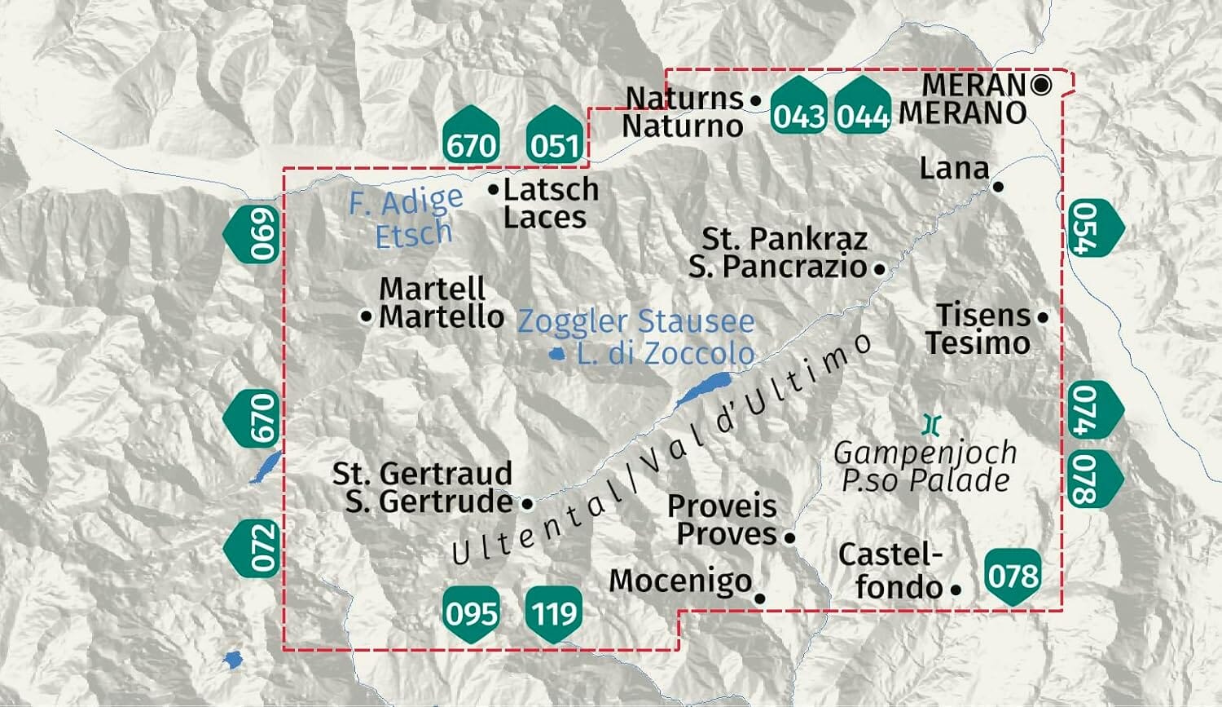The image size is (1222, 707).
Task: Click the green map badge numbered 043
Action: coord(799,106)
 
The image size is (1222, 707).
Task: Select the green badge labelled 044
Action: coord(863,106)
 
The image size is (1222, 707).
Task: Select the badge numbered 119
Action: coord(555,612)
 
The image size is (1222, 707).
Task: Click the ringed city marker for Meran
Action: coord(1041,85)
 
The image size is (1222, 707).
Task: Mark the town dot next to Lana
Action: coord(999,187)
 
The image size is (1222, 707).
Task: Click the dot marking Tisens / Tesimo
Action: coord(1043,316)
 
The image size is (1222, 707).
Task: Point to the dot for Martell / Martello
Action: coord(367,316)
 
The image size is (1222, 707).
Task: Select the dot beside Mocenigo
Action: coord(760,598)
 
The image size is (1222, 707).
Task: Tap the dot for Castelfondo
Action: coord(956,588)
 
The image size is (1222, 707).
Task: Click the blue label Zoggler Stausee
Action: coord(636,321)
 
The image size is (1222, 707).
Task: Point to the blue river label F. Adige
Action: coord(406,201)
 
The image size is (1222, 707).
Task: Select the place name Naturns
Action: coord(684,98)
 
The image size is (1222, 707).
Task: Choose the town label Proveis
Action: coord(721,506)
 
